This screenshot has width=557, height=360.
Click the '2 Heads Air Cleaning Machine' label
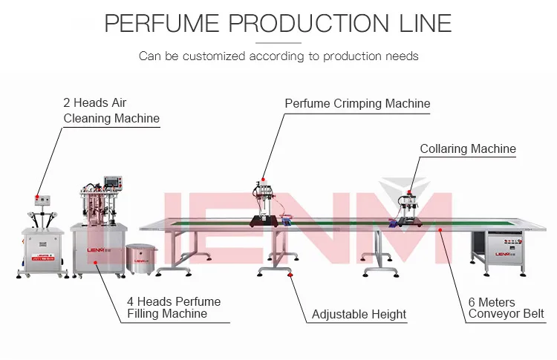(x=111, y=111)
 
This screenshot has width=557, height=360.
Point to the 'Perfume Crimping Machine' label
(x=357, y=104)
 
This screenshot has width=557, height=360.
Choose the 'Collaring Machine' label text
(x=467, y=148)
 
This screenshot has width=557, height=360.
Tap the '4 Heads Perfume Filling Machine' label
(x=174, y=307)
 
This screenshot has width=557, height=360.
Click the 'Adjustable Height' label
(x=359, y=314)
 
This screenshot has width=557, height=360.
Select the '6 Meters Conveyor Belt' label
(x=506, y=307)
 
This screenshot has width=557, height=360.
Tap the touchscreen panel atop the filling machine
(x=112, y=183)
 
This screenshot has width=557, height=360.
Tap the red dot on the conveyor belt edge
(x=440, y=231)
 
